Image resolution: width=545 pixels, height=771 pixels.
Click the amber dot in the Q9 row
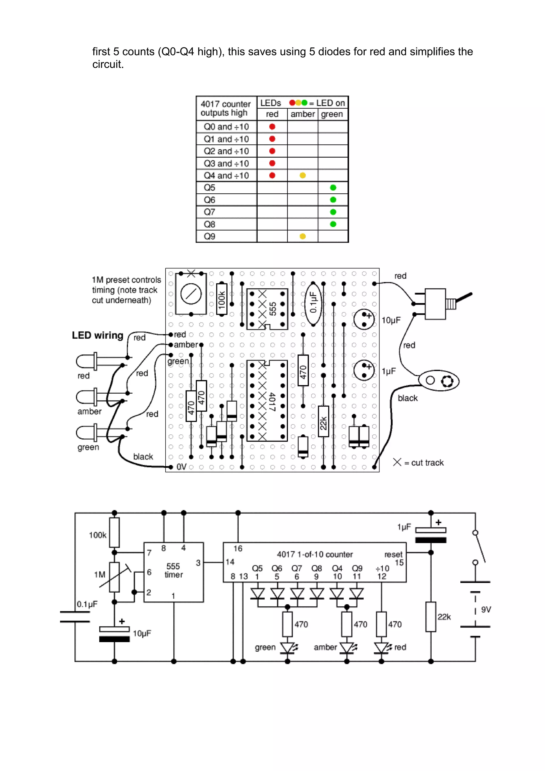[302, 236]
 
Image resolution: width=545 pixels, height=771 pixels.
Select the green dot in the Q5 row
[333, 188]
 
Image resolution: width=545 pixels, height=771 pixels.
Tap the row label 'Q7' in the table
[209, 212]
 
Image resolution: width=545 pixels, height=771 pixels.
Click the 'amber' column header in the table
[302, 114]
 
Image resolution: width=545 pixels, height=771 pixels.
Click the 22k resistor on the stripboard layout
[323, 421]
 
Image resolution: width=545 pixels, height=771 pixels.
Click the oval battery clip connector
[439, 381]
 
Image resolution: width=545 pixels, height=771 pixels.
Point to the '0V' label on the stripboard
[181, 467]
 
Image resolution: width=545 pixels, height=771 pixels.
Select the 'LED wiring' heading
[97, 335]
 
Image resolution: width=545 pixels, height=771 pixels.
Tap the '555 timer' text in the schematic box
[174, 570]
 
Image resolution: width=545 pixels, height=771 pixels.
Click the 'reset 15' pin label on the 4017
[394, 558]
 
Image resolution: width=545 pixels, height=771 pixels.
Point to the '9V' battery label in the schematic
[486, 610]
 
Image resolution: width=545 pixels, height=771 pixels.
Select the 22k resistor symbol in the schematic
[431, 617]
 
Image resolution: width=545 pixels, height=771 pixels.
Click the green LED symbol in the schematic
[287, 648]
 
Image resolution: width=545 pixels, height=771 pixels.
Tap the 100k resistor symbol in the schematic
[114, 533]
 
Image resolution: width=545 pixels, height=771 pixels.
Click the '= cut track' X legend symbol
[397, 462]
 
